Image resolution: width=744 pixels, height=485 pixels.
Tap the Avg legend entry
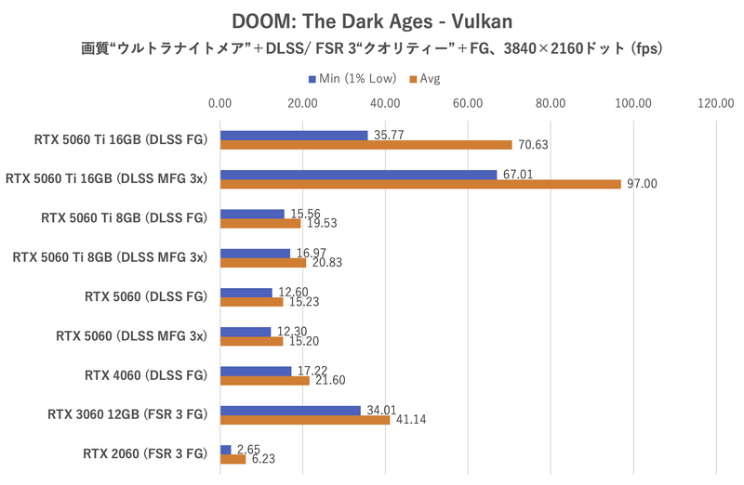coord(425,78)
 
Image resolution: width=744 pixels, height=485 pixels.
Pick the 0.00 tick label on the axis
coord(220,103)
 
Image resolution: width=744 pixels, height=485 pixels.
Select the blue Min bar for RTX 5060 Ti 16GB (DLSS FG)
coord(294,135)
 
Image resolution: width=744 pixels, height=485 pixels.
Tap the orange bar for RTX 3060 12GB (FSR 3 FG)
coord(305,420)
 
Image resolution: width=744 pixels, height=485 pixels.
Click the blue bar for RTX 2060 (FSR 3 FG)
coord(226,450)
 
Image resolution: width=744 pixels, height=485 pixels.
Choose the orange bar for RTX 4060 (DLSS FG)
coord(265,380)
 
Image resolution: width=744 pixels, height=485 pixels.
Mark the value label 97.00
coord(642,184)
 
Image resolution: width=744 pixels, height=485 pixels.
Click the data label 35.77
coord(388,135)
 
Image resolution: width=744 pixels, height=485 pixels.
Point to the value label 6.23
coord(264,459)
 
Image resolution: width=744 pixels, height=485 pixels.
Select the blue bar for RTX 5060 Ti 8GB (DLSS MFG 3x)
coord(256,253)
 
